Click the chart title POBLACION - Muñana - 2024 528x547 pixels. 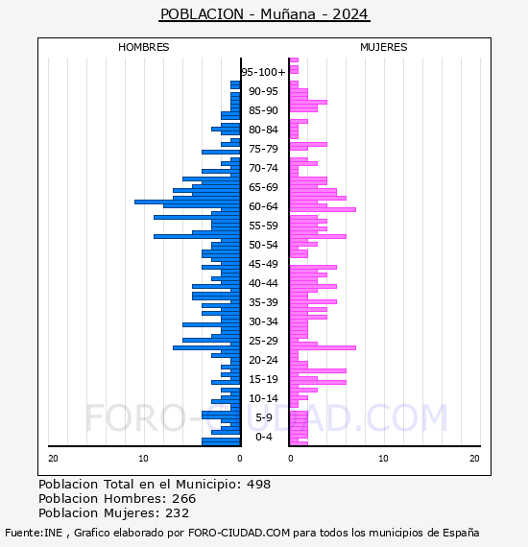tap(264, 14)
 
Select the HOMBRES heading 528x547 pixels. tap(143, 47)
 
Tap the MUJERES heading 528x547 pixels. tap(384, 47)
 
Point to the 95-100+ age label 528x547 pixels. tap(263, 72)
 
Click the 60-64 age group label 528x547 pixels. tap(263, 206)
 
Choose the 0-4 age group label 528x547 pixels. tap(263, 437)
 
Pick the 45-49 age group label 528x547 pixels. tap(263, 264)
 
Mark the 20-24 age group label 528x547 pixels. tap(263, 360)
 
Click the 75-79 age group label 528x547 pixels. tap(263, 149)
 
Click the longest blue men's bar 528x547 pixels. tap(187, 202)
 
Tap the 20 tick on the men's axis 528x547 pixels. tap(53, 459)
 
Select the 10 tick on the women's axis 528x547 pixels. tap(384, 459)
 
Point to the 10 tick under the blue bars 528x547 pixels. tap(143, 459)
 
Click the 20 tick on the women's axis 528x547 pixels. tap(474, 459)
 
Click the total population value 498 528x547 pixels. tap(258, 485)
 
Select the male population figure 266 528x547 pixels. tap(184, 499)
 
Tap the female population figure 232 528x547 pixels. tap(178, 513)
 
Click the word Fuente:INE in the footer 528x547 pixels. tap(34, 533)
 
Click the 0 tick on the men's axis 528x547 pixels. tap(240, 459)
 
